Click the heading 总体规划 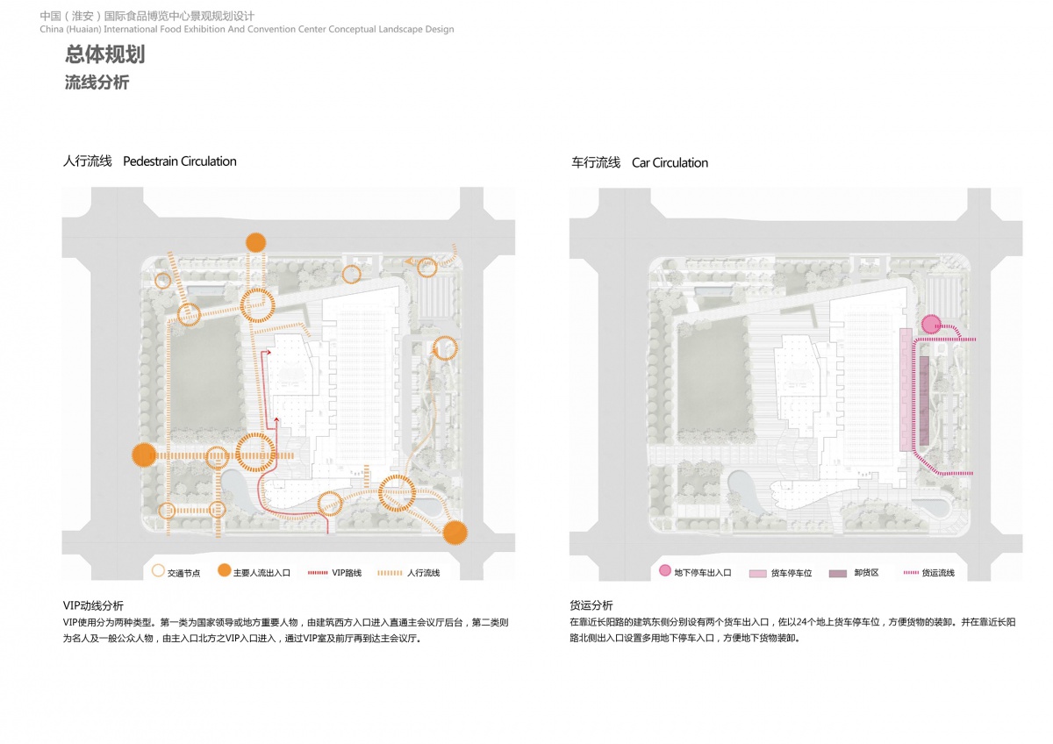pyautogui.click(x=104, y=54)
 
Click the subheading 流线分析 pyautogui.click(x=97, y=82)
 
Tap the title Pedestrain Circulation pyautogui.click(x=180, y=161)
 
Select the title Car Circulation pyautogui.click(x=670, y=162)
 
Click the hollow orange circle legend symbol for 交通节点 pyautogui.click(x=159, y=570)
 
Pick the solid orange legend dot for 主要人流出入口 pyautogui.click(x=225, y=570)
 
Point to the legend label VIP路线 pyautogui.click(x=347, y=572)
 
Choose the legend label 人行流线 pyautogui.click(x=423, y=572)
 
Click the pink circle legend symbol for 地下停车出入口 pyautogui.click(x=665, y=570)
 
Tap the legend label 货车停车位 pyautogui.click(x=792, y=573)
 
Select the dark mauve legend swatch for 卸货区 pyautogui.click(x=838, y=574)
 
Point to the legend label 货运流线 pyautogui.click(x=938, y=572)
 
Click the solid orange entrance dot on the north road pyautogui.click(x=255, y=242)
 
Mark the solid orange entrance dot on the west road pyautogui.click(x=144, y=455)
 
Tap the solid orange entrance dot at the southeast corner pyautogui.click(x=455, y=533)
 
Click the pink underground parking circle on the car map pyautogui.click(x=931, y=325)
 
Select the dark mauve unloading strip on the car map pyautogui.click(x=924, y=400)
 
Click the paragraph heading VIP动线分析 pyautogui.click(x=93, y=605)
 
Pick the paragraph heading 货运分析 pyautogui.click(x=591, y=604)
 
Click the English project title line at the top pyautogui.click(x=247, y=29)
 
